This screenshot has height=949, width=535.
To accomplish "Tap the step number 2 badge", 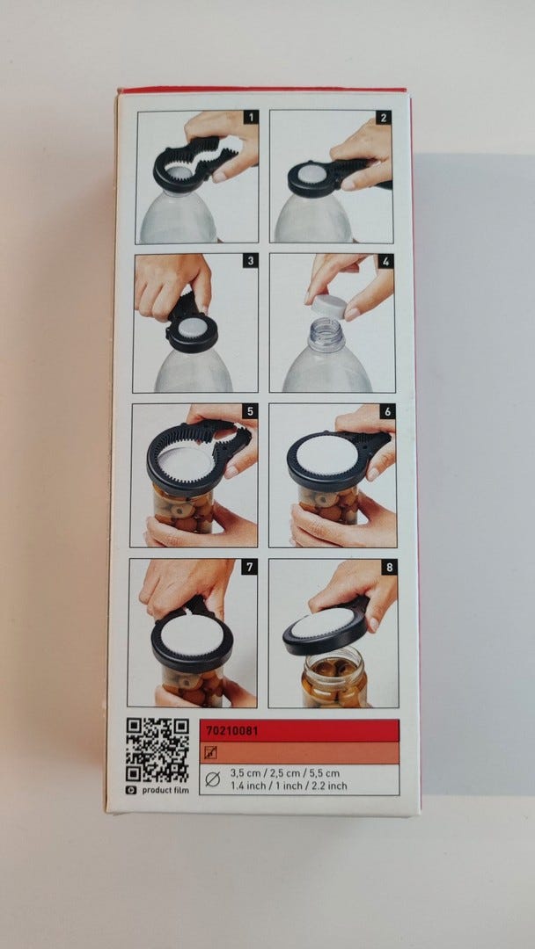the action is coord(383,118).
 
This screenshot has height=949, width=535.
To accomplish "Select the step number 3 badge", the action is coord(250,261).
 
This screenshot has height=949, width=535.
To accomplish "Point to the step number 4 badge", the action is coord(385,262).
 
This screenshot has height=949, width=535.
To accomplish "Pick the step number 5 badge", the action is coord(250,411).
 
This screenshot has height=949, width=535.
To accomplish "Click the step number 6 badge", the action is coord(387,411).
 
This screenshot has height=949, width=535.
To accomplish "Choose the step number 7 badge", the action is coord(250,567).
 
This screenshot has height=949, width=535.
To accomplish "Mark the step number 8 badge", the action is coord(390,567).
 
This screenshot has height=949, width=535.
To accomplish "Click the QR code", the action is coord(158,750).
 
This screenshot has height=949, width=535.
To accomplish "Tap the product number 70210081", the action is coord(232,731).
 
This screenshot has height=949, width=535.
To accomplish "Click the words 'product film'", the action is coord(165,790).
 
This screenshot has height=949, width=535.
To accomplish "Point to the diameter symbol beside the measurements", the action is coord(212,779).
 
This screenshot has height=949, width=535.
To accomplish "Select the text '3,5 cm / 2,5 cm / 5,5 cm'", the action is coord(285,773).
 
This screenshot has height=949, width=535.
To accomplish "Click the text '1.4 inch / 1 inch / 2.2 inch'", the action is coord(289,786).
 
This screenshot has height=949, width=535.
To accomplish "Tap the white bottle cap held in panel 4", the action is coord(329,307).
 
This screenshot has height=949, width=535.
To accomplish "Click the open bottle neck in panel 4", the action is coord(326,336).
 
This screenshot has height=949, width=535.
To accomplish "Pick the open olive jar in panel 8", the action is coord(334,677).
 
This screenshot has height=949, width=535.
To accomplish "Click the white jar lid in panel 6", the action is coord(326,455).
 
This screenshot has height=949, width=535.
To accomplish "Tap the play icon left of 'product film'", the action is coord(131,790).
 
